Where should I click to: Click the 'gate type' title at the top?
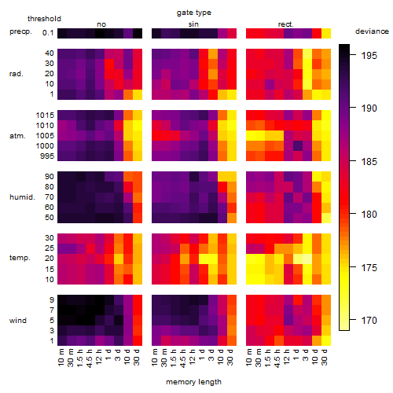tap(194, 13)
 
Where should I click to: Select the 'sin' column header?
tap(193, 24)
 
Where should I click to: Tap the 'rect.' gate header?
tap(285, 24)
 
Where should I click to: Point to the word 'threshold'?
tap(44, 19)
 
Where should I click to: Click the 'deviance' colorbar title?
tap(372, 31)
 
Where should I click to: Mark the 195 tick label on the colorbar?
tap(369, 56)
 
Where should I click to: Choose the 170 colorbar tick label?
tap(369, 320)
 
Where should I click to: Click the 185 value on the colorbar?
tap(369, 161)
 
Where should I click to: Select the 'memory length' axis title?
tap(193, 382)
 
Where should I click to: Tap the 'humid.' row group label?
tap(22, 197)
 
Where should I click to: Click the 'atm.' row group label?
tap(17, 136)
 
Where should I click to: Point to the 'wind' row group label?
tap(18, 321)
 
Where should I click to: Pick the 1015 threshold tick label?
tap(45, 116)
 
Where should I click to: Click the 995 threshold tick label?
tap(47, 156)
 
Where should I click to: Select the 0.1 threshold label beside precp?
tap(48, 33)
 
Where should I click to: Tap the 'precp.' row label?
tap(20, 31)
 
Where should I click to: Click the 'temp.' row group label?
tap(20, 258)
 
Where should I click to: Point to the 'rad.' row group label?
tap(17, 74)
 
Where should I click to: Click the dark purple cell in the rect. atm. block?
tap(298, 146)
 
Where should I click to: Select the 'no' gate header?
tap(101, 24)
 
